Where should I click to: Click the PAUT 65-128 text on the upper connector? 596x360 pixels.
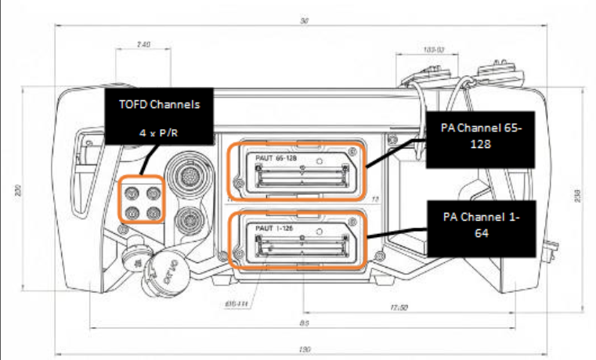[x=276, y=159]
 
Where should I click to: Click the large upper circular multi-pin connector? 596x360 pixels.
[x=189, y=178]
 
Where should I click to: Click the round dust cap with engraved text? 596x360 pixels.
[x=168, y=271]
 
